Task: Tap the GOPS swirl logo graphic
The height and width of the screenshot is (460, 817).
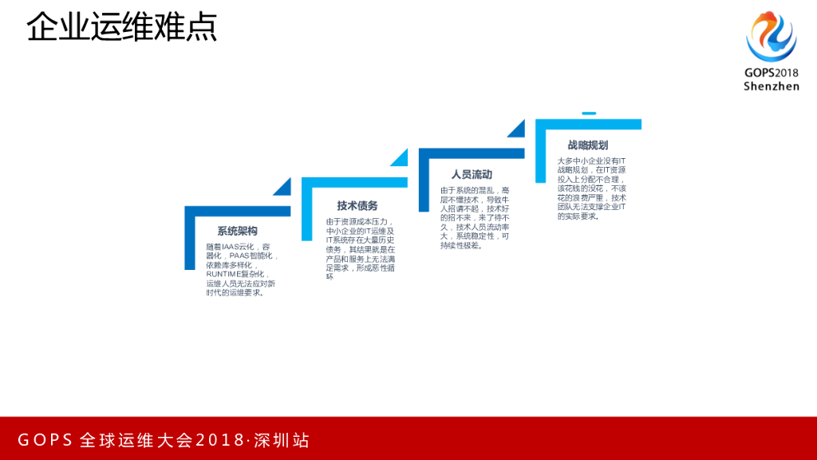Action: click(771, 36)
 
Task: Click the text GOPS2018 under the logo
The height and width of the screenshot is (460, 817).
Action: click(771, 73)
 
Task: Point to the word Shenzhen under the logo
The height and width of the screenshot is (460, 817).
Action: click(771, 85)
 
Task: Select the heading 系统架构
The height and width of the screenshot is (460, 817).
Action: click(237, 232)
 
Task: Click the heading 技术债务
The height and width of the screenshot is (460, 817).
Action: click(357, 205)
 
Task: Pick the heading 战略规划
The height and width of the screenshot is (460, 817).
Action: click(588, 145)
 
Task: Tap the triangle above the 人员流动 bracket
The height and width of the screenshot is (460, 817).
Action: click(518, 129)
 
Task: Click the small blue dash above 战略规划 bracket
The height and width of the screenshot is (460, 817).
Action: click(588, 113)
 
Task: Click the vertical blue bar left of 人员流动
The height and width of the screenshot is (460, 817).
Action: click(424, 184)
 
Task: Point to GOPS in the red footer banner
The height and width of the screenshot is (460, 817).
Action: click(45, 440)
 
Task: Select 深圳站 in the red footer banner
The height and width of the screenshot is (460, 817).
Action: click(282, 440)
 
